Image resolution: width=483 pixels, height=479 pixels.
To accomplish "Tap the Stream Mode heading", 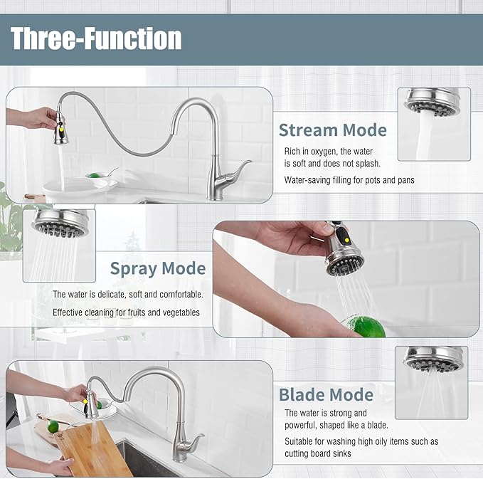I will coord(332,130).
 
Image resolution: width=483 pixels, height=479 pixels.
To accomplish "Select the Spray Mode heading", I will coord(157,268).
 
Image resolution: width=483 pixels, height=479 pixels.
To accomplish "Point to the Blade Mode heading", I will coord(326,394).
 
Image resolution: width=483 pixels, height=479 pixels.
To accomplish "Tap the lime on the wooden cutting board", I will coord(52,426).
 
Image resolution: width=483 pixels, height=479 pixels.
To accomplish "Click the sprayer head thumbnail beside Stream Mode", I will coord(433,123).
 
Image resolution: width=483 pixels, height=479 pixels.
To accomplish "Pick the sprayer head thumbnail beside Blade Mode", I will coord(434,381).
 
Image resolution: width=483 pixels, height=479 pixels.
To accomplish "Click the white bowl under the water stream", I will coord(79,186).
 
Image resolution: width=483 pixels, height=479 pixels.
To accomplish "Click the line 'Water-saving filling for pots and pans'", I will coord(349,180).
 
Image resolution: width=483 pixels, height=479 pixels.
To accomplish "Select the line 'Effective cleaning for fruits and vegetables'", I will coord(126,312).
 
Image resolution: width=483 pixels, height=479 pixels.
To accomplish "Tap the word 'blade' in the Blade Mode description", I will coord(373,426).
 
